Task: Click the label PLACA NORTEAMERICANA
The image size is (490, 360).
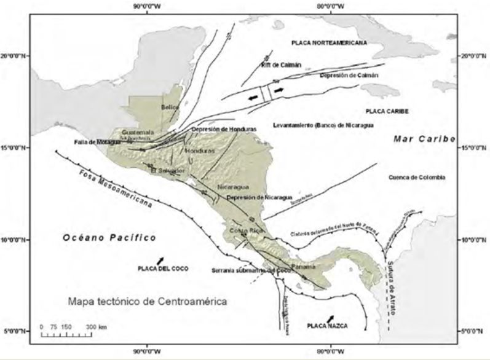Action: (x=328, y=43)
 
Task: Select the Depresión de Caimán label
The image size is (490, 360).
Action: (x=349, y=75)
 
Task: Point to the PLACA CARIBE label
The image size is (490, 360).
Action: (x=387, y=111)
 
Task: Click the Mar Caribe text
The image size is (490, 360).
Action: (x=424, y=140)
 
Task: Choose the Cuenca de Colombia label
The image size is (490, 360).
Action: (x=417, y=177)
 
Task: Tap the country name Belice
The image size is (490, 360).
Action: (x=170, y=107)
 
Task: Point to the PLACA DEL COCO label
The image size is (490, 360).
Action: (x=162, y=268)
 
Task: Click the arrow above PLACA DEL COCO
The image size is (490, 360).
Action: (x=160, y=260)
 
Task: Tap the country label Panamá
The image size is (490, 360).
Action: (x=303, y=267)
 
